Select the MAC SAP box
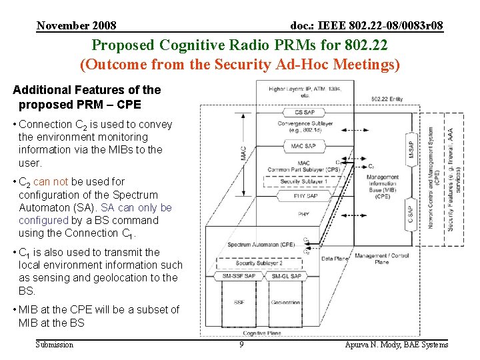(303, 145)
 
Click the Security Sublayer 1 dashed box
(303, 181)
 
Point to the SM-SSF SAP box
(239, 276)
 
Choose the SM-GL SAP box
(286, 276)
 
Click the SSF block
(239, 302)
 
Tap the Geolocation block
(286, 302)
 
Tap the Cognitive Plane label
(262, 333)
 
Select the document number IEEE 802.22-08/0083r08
(367, 26)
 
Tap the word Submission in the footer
(55, 345)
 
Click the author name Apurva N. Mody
(396, 345)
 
